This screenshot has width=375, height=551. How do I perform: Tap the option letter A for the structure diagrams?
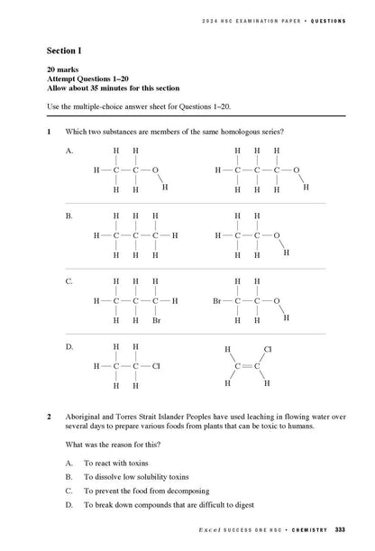[x=69, y=152]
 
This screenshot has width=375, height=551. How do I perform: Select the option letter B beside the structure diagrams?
[x=69, y=217]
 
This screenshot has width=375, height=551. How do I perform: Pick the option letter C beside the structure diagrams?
[x=69, y=282]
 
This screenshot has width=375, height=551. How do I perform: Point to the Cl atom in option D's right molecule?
[x=267, y=348]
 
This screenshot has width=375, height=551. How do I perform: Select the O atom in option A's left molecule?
[x=155, y=170]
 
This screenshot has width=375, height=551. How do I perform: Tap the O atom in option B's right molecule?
[x=276, y=235]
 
